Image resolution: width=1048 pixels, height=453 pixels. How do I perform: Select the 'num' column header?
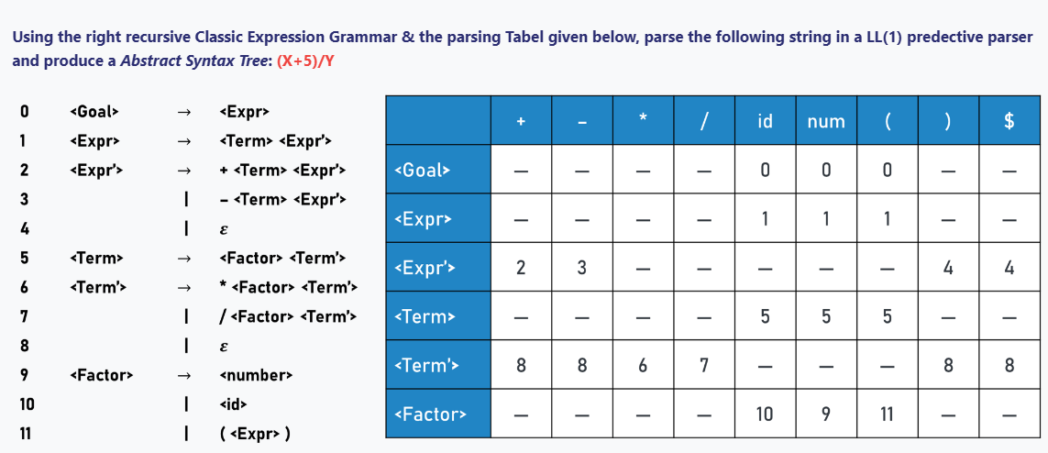coord(826,121)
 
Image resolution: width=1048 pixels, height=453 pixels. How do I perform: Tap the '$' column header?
coord(1009,121)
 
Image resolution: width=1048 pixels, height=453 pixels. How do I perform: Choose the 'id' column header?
coord(765,121)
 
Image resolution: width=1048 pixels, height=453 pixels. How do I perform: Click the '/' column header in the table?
coord(703,121)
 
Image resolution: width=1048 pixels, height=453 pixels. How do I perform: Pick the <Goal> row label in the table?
coord(423,171)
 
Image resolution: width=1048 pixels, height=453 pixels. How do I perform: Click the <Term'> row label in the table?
coord(425,366)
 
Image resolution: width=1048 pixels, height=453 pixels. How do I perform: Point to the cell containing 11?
coord(887,414)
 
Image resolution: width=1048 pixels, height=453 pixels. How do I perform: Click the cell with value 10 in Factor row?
coord(765,414)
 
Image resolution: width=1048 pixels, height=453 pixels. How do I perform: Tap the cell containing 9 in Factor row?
coord(826,414)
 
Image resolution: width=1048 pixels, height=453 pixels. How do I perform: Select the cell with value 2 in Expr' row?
coord(521,268)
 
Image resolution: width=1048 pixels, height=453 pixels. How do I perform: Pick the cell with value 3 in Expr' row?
coord(581,268)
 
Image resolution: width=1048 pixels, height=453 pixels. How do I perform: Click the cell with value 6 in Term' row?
coord(643,366)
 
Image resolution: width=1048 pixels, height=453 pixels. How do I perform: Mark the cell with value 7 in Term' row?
coord(703,366)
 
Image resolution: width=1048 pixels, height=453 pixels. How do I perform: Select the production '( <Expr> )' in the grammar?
coord(256,434)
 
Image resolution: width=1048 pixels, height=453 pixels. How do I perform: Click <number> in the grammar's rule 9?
coord(256,376)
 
